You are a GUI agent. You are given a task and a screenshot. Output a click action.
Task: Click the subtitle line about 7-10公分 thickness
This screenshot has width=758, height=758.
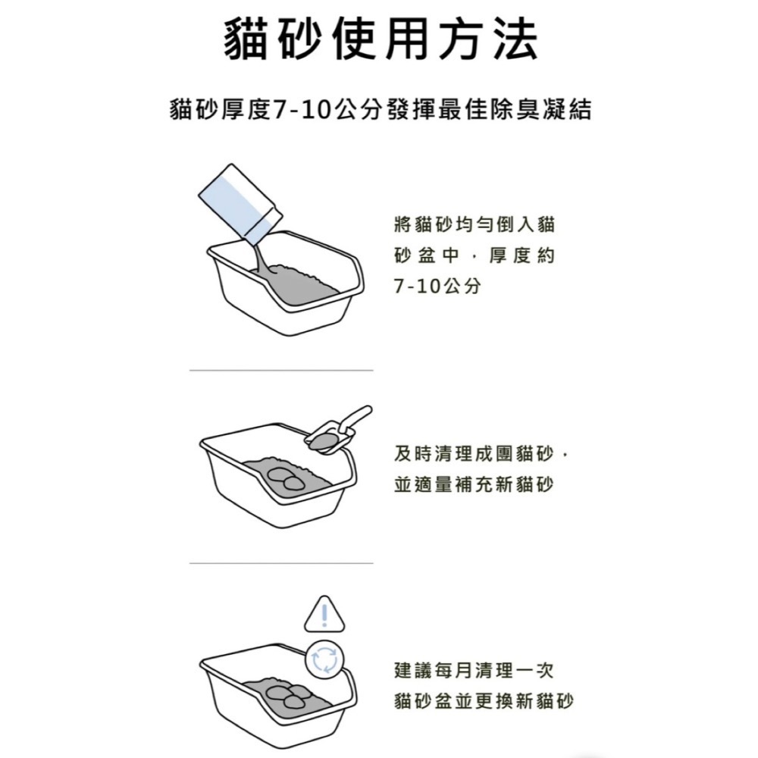tap(380, 111)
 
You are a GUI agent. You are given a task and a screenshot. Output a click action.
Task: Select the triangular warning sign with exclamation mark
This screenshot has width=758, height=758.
tap(324, 613)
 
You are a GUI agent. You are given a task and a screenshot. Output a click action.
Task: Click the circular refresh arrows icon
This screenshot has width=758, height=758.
tap(324, 658)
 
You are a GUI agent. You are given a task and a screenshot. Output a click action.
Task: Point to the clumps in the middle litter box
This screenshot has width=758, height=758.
tap(285, 477)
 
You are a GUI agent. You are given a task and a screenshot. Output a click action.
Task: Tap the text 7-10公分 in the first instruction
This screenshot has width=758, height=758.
tap(437, 287)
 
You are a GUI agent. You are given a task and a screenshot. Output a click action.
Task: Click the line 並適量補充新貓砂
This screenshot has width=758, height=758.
tap(475, 484)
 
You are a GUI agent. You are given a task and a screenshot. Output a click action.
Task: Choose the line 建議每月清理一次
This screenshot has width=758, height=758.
tap(475, 671)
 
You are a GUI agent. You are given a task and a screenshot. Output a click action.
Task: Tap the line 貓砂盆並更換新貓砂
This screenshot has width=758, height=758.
tap(484, 701)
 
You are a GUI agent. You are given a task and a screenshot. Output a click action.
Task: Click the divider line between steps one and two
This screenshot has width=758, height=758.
tap(281, 371)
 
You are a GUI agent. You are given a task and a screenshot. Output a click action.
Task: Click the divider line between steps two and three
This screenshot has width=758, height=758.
tap(281, 563)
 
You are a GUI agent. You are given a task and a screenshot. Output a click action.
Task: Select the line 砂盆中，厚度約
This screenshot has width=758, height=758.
tap(475, 256)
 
